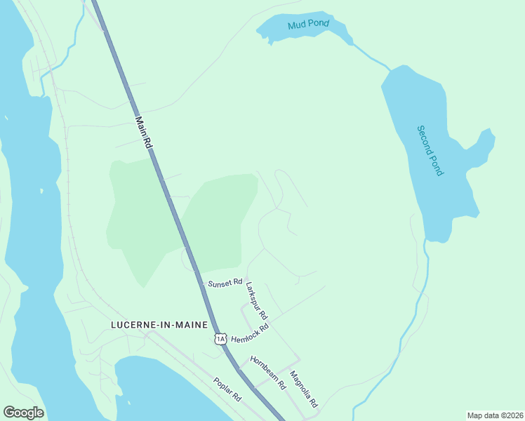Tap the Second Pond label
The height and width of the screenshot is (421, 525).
[430, 150]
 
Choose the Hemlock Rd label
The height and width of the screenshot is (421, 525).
[250, 333]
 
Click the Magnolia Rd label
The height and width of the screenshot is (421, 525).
[304, 390]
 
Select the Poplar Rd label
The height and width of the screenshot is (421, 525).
[227, 389]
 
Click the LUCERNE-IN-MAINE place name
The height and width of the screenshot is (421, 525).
[159, 325]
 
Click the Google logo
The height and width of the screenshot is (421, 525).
[24, 413]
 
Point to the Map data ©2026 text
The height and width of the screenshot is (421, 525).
[494, 415]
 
